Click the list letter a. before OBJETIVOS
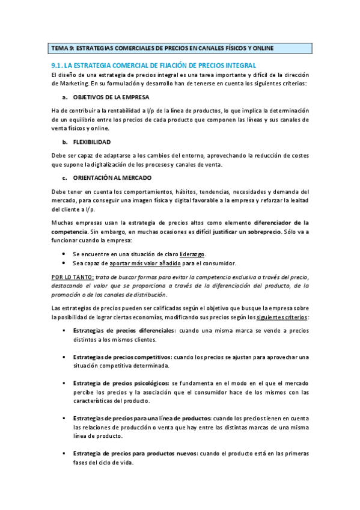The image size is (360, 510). [x=64, y=97]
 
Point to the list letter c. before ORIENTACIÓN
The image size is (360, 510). [x=64, y=178]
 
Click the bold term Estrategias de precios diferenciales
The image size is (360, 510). [x=124, y=331]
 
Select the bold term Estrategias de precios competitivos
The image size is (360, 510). [x=123, y=357]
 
